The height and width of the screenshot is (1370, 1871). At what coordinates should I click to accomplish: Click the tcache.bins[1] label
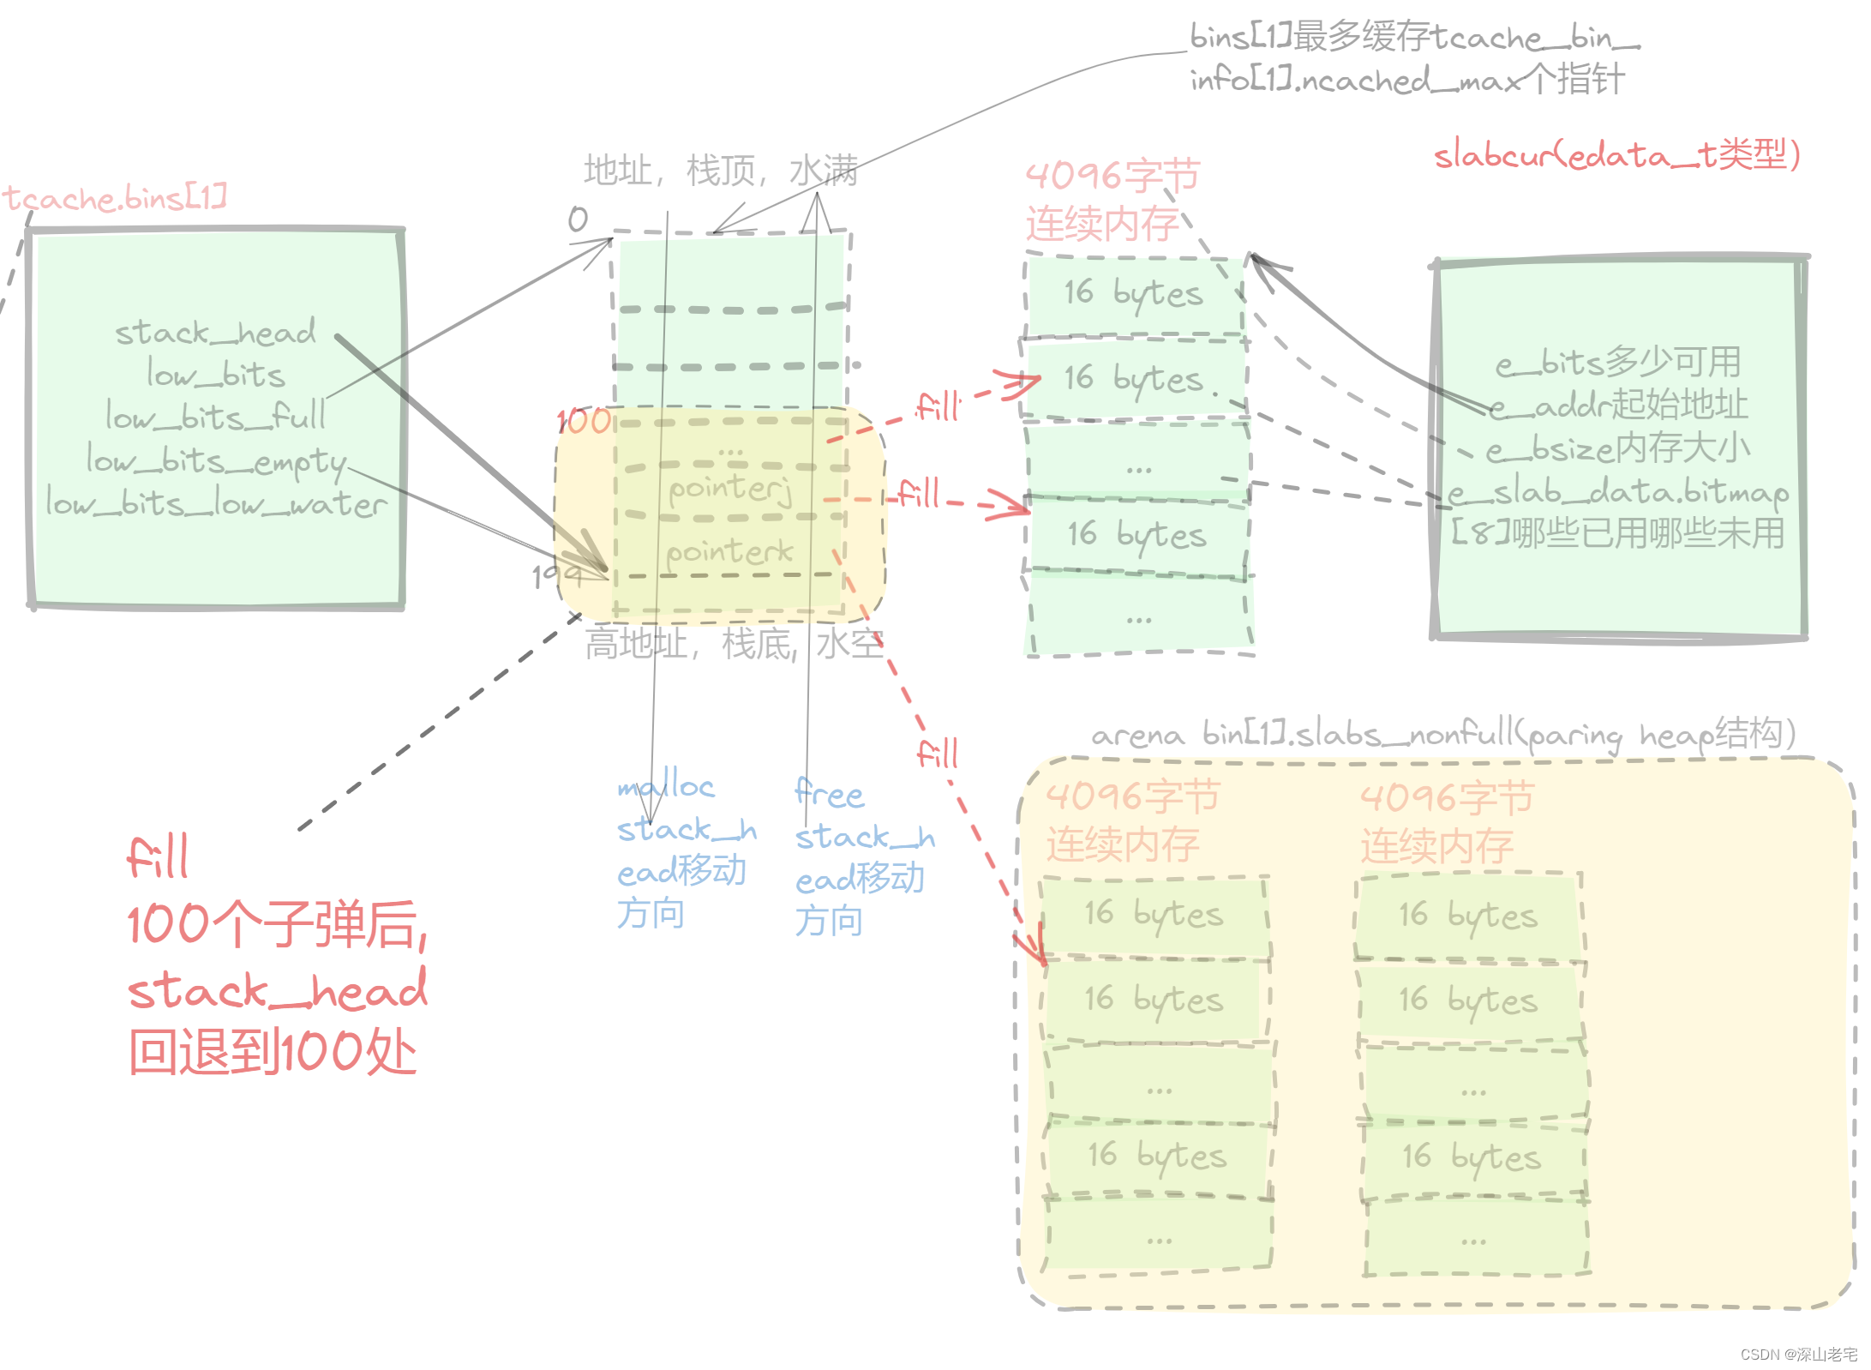tap(115, 198)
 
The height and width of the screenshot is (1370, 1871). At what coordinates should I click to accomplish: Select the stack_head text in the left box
tap(215, 333)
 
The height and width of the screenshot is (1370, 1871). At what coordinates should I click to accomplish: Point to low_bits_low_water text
tap(215, 504)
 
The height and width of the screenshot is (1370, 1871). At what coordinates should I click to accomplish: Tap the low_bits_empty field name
tap(216, 461)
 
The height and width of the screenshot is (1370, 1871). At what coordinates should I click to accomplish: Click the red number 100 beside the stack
tap(584, 421)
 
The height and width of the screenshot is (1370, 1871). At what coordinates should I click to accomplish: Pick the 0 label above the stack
tap(578, 219)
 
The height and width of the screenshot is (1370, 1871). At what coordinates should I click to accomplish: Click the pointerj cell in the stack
tap(729, 489)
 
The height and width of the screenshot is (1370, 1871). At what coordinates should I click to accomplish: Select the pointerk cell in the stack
tap(729, 551)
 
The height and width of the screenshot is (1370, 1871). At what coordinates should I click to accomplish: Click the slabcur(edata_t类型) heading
tap(1616, 155)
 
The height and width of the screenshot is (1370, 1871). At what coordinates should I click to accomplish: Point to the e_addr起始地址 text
tap(1616, 406)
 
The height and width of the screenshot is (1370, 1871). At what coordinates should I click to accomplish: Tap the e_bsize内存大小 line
tap(1616, 448)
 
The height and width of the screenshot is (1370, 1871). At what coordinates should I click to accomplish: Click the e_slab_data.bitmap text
tap(1616, 492)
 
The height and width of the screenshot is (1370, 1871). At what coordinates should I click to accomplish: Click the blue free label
tap(829, 793)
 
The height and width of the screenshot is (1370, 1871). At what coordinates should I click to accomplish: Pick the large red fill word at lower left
tap(158, 856)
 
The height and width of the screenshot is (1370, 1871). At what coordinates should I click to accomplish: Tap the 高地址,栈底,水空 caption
tap(734, 643)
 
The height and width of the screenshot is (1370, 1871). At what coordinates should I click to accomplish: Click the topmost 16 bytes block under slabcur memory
tap(1133, 293)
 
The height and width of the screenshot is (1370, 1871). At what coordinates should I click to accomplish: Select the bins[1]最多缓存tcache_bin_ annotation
tap(1414, 38)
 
